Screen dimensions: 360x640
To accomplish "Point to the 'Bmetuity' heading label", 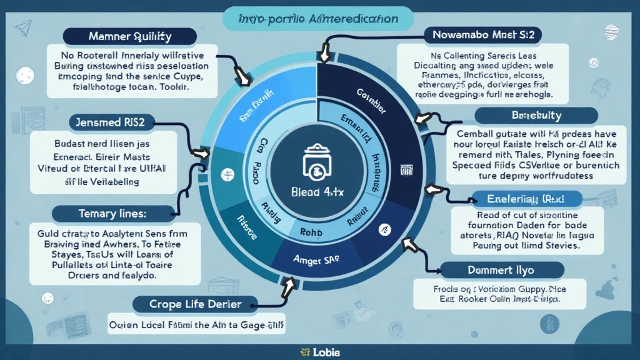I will (x=536, y=116).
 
